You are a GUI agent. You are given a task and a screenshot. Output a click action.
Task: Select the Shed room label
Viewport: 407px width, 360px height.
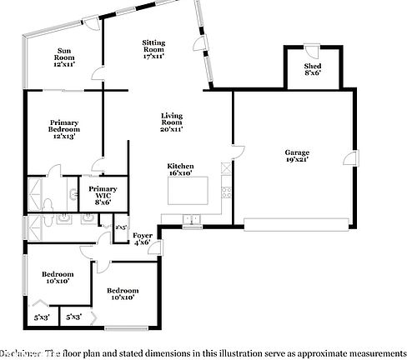click(x=313, y=69)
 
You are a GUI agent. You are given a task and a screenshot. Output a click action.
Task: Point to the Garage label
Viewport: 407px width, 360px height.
click(x=297, y=156)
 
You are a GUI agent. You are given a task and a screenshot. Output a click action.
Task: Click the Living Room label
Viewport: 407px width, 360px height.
click(x=172, y=122)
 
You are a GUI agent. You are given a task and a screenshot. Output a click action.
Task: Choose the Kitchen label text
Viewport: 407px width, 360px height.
click(x=180, y=169)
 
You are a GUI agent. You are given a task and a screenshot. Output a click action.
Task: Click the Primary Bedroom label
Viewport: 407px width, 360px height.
click(x=63, y=130)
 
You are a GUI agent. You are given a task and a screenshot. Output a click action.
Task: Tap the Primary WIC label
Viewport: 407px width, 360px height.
click(x=102, y=194)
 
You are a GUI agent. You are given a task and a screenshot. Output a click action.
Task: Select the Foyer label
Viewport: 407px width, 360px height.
click(x=143, y=239)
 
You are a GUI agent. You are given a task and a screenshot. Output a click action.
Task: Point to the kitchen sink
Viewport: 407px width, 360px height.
click(x=193, y=220)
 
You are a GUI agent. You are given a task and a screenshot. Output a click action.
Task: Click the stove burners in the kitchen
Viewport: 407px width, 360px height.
click(x=225, y=193)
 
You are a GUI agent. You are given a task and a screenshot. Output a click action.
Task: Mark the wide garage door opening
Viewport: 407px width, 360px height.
click(x=298, y=222)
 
